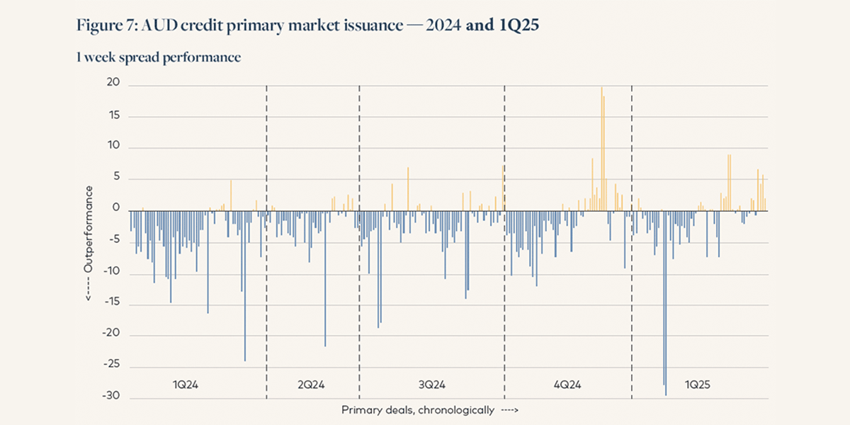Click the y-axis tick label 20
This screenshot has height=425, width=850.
pyautogui.click(x=114, y=84)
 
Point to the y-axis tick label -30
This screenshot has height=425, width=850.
pyautogui.click(x=112, y=398)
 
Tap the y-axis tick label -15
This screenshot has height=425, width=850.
pyautogui.click(x=112, y=303)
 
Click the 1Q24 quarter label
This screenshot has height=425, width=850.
pyautogui.click(x=186, y=385)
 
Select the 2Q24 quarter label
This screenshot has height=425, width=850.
pyautogui.click(x=311, y=385)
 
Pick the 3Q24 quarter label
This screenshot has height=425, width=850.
pyautogui.click(x=431, y=385)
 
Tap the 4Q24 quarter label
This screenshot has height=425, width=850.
pyautogui.click(x=567, y=385)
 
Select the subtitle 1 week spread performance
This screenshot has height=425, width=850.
pyautogui.click(x=159, y=57)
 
